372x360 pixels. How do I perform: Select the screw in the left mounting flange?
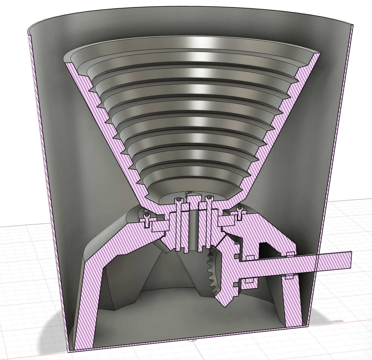point(147,220)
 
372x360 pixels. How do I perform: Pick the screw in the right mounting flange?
point(240,214)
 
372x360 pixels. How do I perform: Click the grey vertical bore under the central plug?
point(193,231)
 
